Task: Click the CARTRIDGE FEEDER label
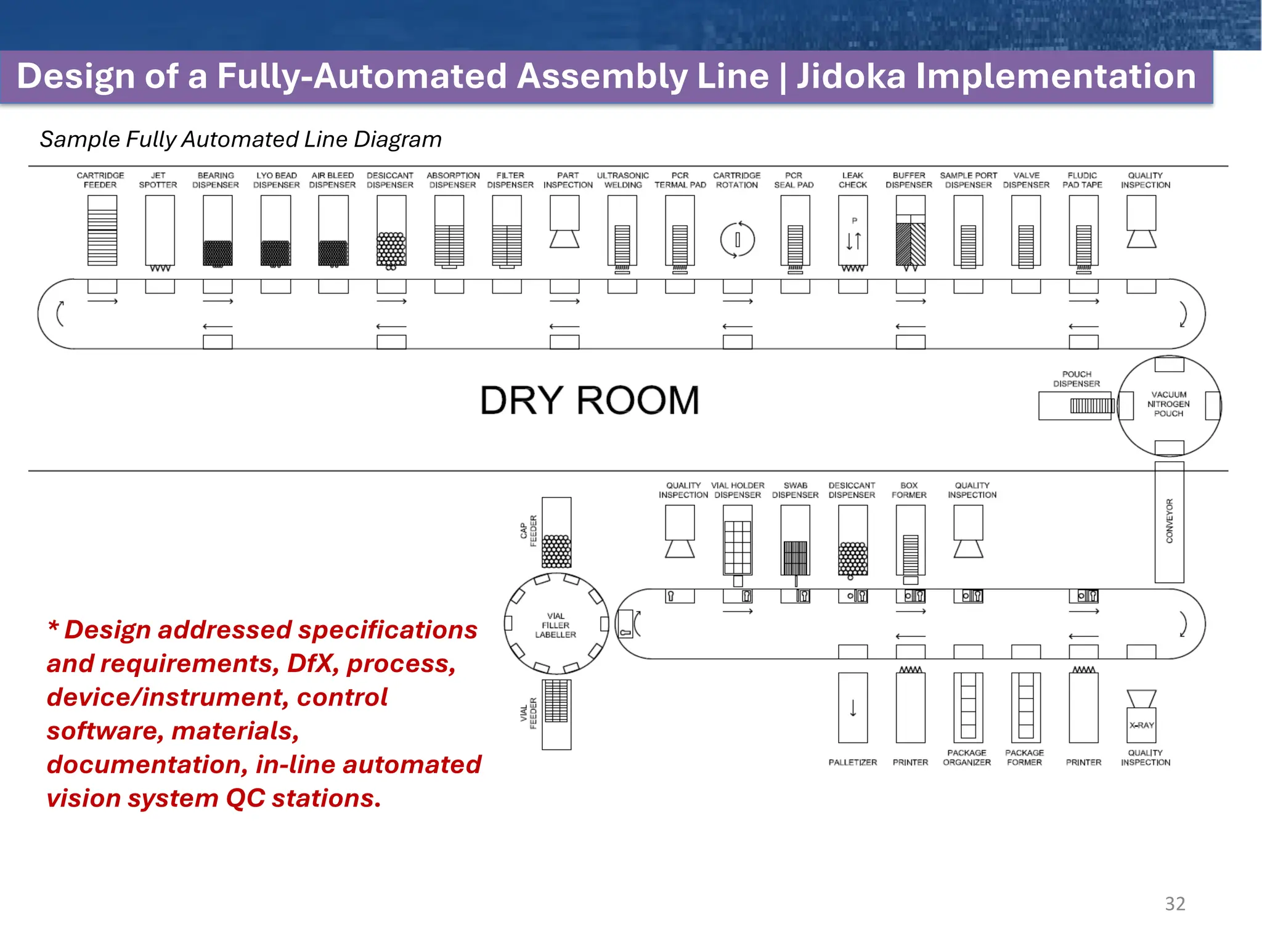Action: [x=100, y=180]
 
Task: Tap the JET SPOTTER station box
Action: [x=160, y=230]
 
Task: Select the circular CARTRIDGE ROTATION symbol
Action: [x=737, y=239]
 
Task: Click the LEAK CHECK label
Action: [x=852, y=180]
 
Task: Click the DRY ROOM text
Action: [x=589, y=400]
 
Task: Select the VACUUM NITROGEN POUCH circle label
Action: [x=1168, y=404]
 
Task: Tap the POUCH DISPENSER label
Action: [x=1076, y=379]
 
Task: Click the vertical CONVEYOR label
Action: [x=1169, y=521]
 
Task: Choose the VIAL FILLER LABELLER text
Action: [x=555, y=625]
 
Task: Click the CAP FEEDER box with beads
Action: [x=556, y=533]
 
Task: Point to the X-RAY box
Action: [x=1141, y=725]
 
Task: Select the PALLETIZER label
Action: [x=852, y=762]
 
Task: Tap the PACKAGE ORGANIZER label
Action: [x=966, y=757]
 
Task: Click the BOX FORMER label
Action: [x=909, y=490]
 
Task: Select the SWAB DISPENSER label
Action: [x=795, y=490]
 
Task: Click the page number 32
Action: [x=1174, y=903]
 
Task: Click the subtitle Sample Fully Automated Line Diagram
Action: [x=240, y=139]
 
